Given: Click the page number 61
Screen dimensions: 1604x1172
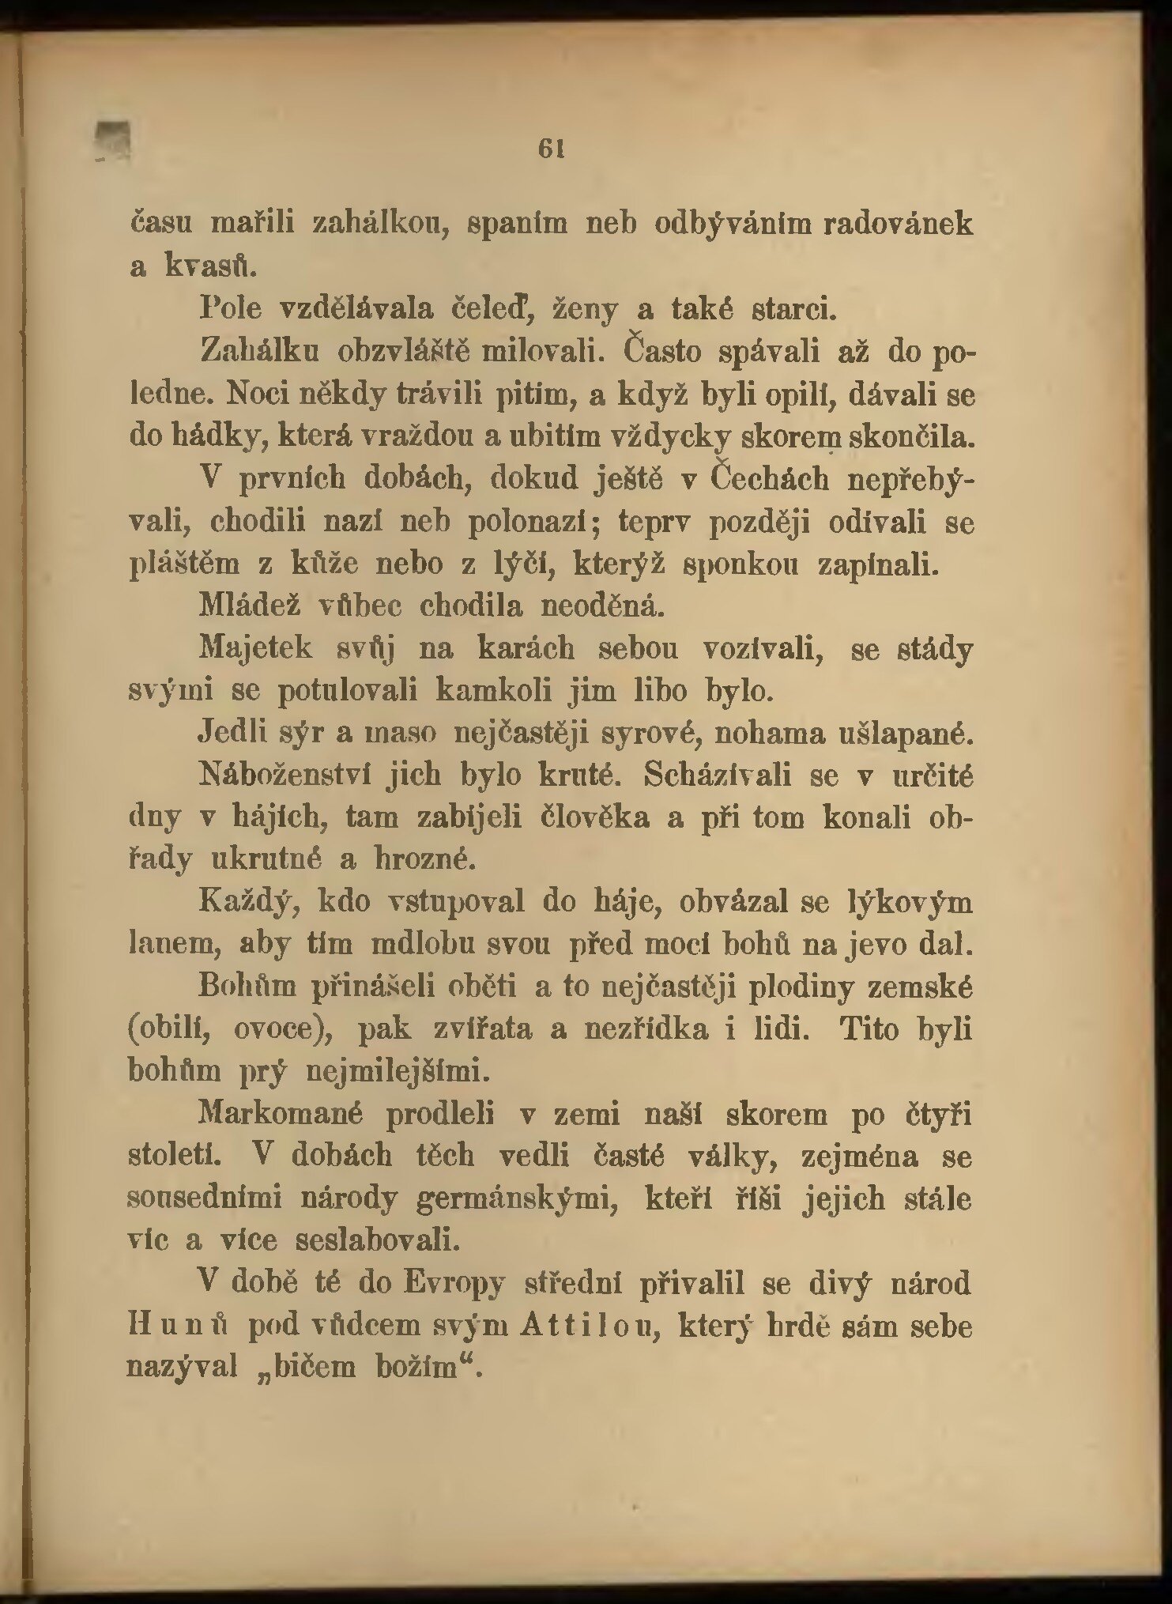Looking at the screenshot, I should tap(549, 149).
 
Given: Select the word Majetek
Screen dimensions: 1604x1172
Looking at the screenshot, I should tap(256, 648).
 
